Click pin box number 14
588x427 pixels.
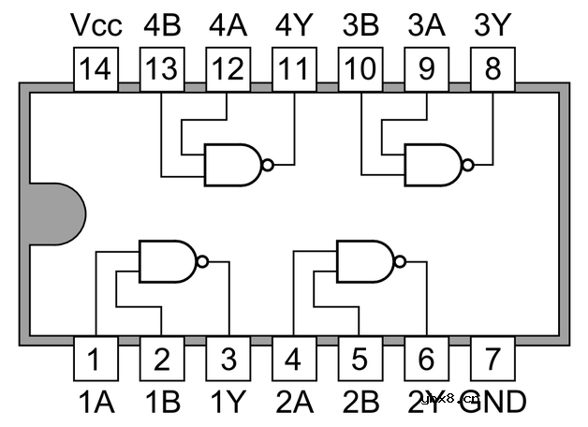[x=96, y=69]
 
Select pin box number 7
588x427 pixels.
[x=492, y=359]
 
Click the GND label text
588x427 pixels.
[x=494, y=402]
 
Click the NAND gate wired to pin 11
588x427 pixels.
[x=235, y=165]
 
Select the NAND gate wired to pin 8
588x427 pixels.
[x=434, y=165]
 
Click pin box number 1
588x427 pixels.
[x=96, y=359]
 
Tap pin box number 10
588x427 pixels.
[x=360, y=69]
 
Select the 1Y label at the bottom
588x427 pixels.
[x=228, y=402]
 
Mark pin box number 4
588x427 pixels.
[x=295, y=359]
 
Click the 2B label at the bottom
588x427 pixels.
[x=360, y=402]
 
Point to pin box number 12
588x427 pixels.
[x=228, y=69]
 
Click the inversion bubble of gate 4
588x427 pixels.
[x=268, y=165]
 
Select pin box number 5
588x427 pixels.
[x=360, y=359]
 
